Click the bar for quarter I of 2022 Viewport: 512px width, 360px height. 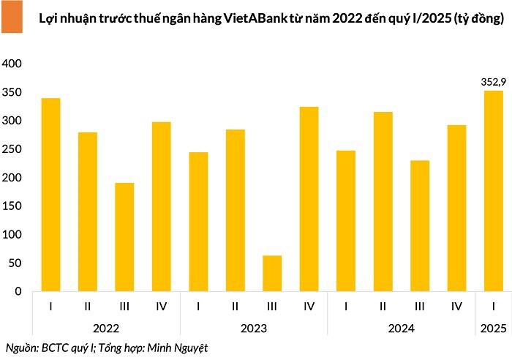[x=50, y=195]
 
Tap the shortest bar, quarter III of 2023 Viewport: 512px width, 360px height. [x=272, y=274]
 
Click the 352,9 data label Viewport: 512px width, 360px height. [x=493, y=82]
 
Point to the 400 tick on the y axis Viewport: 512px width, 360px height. [x=14, y=64]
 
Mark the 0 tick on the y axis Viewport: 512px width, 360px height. [x=20, y=292]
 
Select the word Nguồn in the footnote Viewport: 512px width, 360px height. [x=20, y=348]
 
